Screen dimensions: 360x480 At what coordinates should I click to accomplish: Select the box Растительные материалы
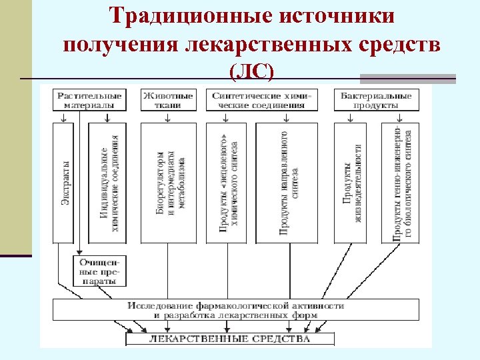tap(89, 100)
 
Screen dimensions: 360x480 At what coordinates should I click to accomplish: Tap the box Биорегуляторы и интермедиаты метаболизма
tap(169, 182)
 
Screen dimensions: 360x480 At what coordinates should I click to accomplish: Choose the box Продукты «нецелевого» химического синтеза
tap(227, 182)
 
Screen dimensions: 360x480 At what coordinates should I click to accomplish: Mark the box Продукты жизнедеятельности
tap(351, 182)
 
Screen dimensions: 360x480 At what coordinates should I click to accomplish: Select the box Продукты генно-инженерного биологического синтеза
tap(401, 182)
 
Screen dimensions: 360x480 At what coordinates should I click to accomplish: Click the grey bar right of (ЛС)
tap(407, 78)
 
